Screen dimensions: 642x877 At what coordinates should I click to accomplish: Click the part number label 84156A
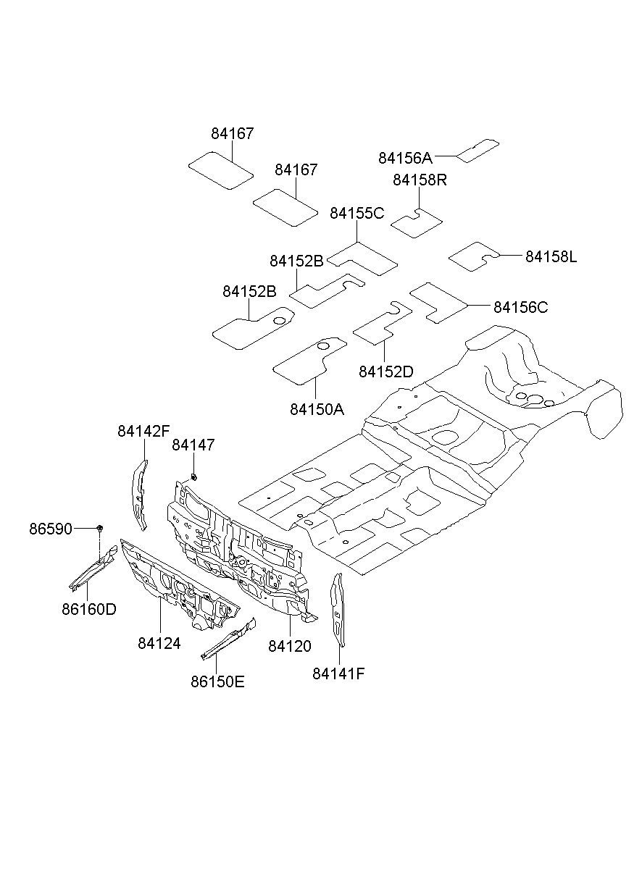405,158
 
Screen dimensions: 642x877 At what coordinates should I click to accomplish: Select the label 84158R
420,180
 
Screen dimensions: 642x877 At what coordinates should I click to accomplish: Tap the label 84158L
551,256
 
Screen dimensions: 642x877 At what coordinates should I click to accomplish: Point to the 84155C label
357,213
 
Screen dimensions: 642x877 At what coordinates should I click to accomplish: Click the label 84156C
520,307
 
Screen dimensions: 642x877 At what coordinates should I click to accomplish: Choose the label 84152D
385,372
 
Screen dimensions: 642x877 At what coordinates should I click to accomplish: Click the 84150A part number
317,409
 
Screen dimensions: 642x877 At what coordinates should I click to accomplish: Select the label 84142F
143,432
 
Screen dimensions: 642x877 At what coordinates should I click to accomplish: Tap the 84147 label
193,445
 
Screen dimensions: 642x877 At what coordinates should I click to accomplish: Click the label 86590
51,529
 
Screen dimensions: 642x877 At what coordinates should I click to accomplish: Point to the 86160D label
89,609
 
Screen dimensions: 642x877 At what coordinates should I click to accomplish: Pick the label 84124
159,643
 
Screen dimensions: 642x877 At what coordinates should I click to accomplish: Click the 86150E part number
217,682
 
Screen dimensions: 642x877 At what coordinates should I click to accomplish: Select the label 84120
289,646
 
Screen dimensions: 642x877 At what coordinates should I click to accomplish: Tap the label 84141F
338,674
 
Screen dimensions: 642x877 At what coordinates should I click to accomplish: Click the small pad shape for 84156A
478,150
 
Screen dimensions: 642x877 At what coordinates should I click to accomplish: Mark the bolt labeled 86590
100,528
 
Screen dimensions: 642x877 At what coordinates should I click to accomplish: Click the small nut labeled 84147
193,477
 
